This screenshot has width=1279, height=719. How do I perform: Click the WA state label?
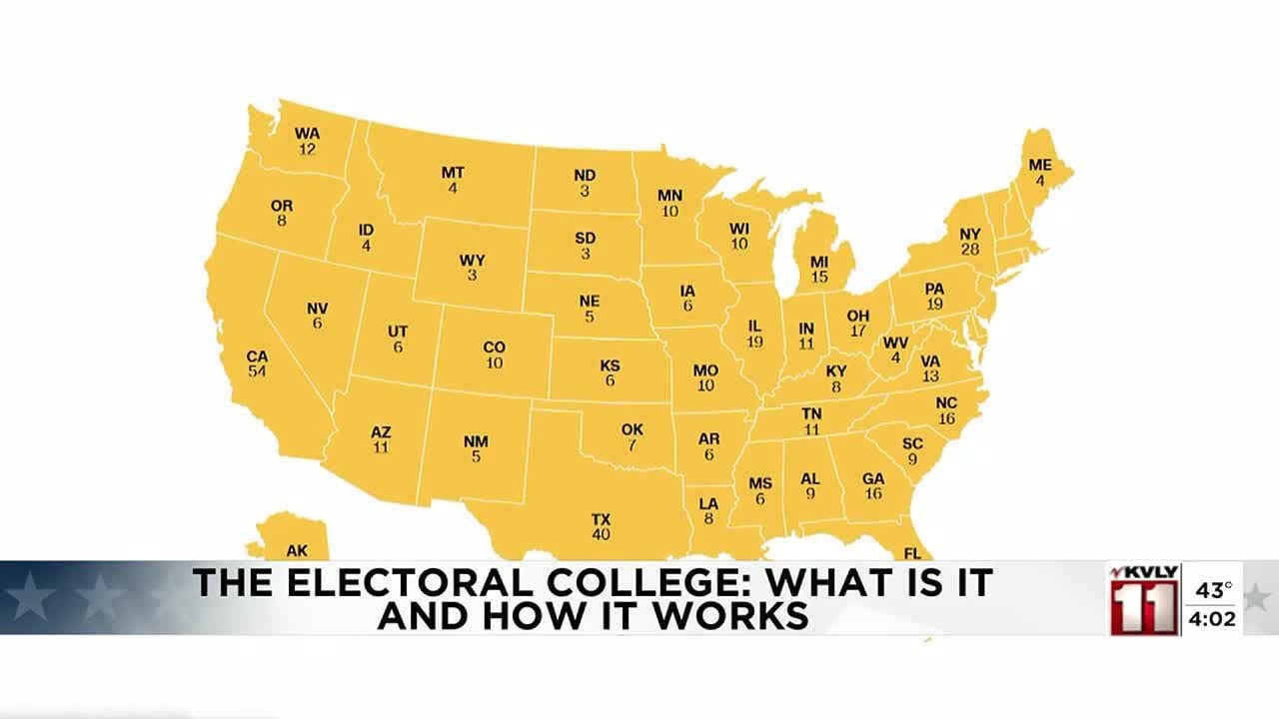pos(307,134)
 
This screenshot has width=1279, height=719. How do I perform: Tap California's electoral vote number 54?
pos(257,371)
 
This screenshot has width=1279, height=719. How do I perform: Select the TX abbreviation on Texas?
pos(601,519)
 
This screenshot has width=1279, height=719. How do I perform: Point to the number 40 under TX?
pos(601,535)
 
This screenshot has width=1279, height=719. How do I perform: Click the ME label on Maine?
pos(1039,166)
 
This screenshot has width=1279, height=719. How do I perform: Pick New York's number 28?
pos(969,250)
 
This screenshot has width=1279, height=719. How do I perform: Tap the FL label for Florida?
pos(912,552)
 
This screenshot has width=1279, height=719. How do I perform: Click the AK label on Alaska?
pos(297,550)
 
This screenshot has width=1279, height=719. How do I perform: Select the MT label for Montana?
pos(453,173)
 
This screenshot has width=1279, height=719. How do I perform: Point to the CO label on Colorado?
pos(495,348)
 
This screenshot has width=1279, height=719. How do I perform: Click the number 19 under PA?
pos(934,305)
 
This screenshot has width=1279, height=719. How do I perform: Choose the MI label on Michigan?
pos(819,261)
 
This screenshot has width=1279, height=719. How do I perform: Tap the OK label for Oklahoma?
pos(632,429)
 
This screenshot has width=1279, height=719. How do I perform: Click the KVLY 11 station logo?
pos(1144,599)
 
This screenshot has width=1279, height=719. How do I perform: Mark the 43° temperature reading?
pos(1214,590)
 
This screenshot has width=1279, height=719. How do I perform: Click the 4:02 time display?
pos(1212,619)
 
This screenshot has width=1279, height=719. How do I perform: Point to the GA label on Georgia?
pos(873,478)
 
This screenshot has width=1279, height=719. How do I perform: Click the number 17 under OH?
pos(858,331)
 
